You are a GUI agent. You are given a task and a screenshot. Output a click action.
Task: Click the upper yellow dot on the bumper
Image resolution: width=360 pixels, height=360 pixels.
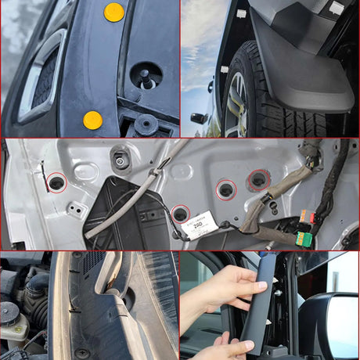[114, 12]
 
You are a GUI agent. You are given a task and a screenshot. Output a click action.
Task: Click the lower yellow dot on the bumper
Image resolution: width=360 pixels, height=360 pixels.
[92, 120]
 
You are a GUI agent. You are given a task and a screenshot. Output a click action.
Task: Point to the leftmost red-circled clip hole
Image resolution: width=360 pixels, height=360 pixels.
[56, 183]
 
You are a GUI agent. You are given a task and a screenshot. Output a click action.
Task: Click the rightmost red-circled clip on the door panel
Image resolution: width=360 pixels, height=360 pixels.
[257, 181]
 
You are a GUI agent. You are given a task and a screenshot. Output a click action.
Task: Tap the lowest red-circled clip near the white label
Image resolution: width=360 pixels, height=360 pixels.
[180, 213]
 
